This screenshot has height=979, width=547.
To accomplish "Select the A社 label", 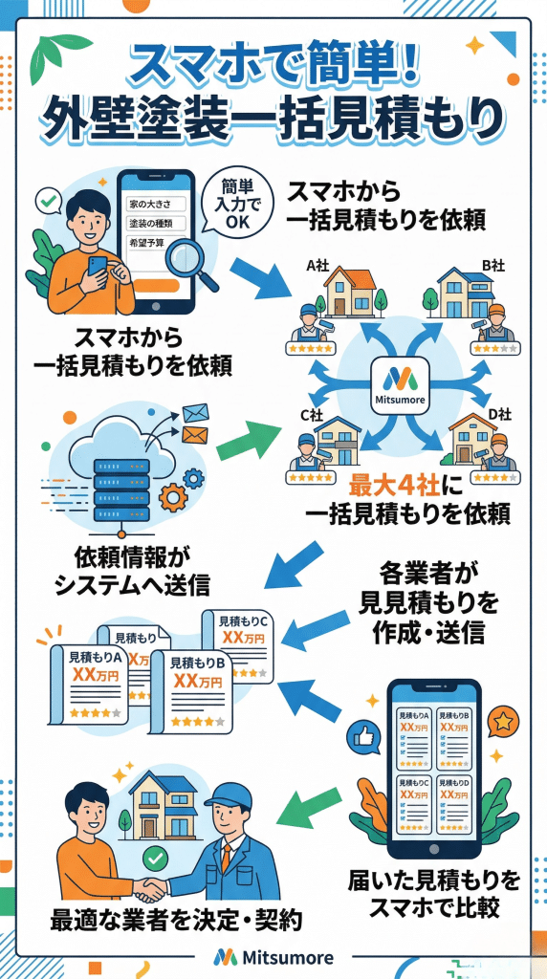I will click(315, 265).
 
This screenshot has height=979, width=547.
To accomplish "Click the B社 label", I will click(493, 265).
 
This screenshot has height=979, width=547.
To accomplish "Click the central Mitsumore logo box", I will click(403, 385).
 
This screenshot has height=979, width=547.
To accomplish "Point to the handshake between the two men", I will click(153, 888).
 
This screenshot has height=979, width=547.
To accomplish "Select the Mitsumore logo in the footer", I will click(273, 956).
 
